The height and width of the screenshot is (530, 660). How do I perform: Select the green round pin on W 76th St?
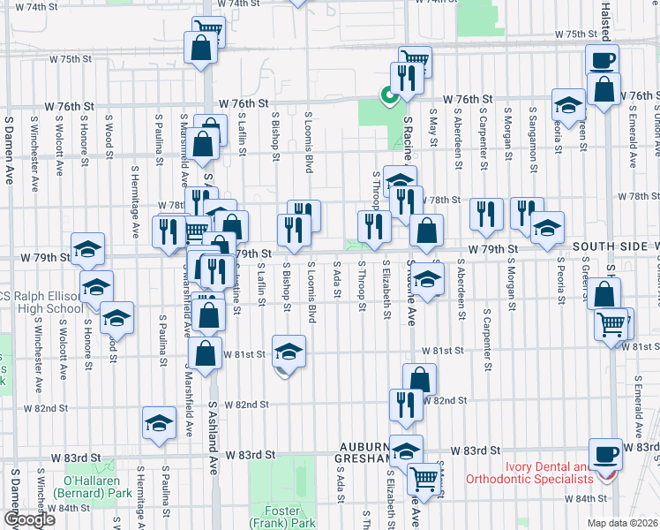pos(386,95)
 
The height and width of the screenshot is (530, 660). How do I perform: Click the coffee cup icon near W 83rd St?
pos(605,453)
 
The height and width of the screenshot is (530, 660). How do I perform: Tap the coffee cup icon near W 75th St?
pos(604,60)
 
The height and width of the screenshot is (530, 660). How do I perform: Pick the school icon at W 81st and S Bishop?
pos(289,351)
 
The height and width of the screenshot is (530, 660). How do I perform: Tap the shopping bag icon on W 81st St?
pos(205,353)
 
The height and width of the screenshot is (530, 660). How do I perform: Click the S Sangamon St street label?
pos(532,132)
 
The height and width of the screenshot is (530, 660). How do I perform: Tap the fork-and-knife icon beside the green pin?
pos(407,79)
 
